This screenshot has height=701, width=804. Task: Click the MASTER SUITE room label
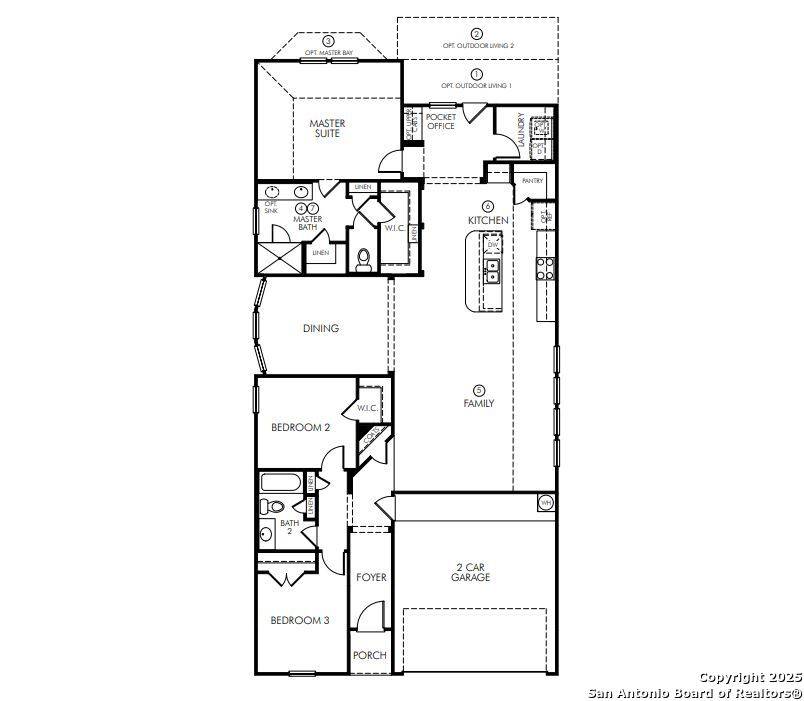pyautogui.click(x=327, y=129)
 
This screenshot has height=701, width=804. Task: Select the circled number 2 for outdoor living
pyautogui.click(x=477, y=35)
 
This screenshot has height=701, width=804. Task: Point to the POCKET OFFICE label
pyautogui.click(x=441, y=121)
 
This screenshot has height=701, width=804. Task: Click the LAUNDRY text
pyautogui.click(x=521, y=131)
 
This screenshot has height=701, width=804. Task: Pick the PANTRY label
pyautogui.click(x=532, y=181)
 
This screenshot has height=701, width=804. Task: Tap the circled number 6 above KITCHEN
pyautogui.click(x=488, y=205)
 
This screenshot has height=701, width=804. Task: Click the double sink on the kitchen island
pyautogui.click(x=493, y=268)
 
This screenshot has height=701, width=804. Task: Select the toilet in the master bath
pyautogui.click(x=364, y=261)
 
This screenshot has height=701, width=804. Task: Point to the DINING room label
pyautogui.click(x=321, y=328)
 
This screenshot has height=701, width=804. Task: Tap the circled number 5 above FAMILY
pyautogui.click(x=479, y=390)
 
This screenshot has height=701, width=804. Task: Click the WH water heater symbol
pyautogui.click(x=546, y=501)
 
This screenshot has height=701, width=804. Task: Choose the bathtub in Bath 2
pyautogui.click(x=279, y=483)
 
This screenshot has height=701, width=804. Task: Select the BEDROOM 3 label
pyautogui.click(x=300, y=620)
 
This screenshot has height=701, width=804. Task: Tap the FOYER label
pyautogui.click(x=371, y=577)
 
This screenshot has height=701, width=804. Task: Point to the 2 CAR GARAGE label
pyautogui.click(x=470, y=572)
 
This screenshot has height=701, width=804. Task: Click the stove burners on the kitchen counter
pyautogui.click(x=546, y=267)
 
